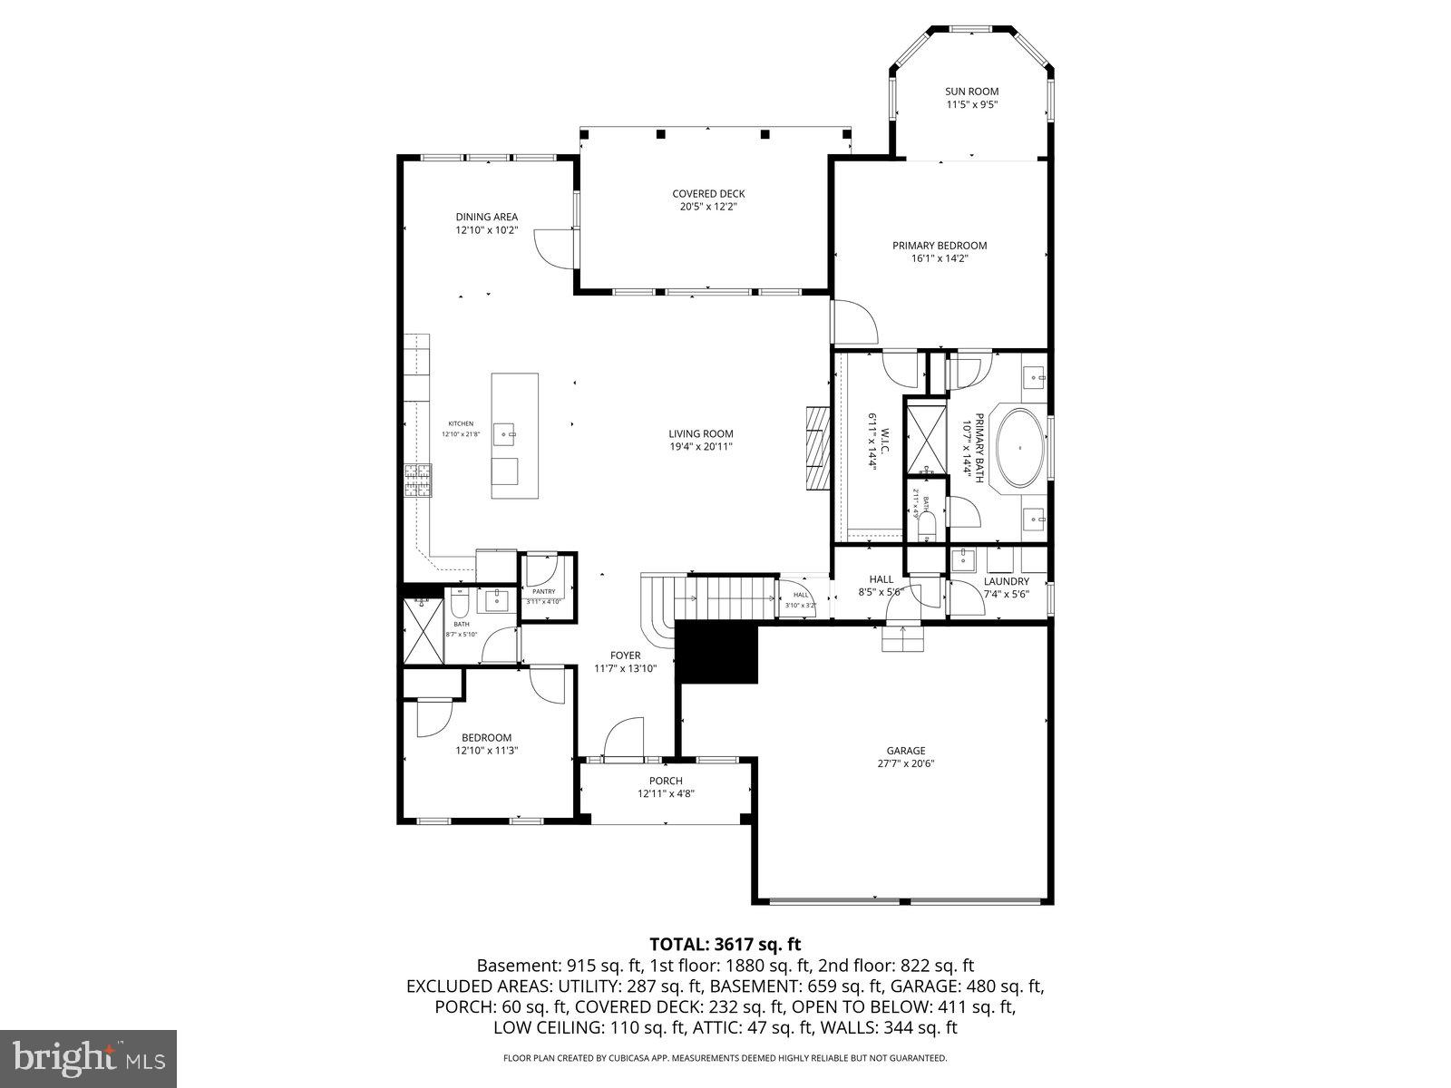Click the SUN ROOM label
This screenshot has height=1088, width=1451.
pos(971,92)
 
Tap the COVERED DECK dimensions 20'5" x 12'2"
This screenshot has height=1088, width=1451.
pos(708,207)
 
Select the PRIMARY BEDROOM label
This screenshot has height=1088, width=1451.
pos(939,246)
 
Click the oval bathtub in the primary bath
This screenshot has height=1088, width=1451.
pos(1021,448)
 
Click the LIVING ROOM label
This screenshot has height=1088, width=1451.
pos(701,434)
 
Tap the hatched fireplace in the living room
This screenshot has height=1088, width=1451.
pos(818,448)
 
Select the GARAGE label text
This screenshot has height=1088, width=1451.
pos(905,751)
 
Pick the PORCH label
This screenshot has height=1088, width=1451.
pos(666,782)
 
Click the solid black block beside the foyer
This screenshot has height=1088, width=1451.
pos(717,653)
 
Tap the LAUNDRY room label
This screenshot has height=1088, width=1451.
pos(1006,581)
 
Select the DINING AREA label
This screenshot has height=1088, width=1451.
pos(486,217)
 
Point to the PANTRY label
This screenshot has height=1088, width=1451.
pos(544,591)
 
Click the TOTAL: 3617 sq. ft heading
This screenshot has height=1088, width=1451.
pos(725,945)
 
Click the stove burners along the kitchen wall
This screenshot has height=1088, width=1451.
pos(418,481)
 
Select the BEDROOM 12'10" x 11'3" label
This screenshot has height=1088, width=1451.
pos(486,743)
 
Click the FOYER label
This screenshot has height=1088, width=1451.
pos(625,656)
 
